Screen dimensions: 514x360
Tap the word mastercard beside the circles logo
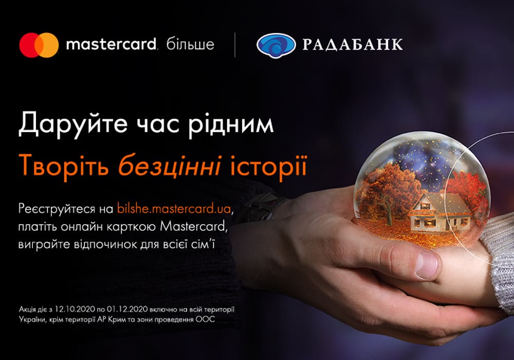click(111, 44)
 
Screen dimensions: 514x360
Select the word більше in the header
click(190, 44)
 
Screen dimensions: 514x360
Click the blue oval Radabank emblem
click(276, 45)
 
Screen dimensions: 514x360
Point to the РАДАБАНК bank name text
click(352, 45)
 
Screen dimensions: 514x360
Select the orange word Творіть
click(64, 165)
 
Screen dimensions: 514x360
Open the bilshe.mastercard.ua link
click(174, 209)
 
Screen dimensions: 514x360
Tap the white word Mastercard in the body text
click(193, 226)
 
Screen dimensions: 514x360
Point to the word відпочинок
click(102, 245)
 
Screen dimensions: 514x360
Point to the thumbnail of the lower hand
click(427, 264)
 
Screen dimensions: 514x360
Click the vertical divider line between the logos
click(235, 45)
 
